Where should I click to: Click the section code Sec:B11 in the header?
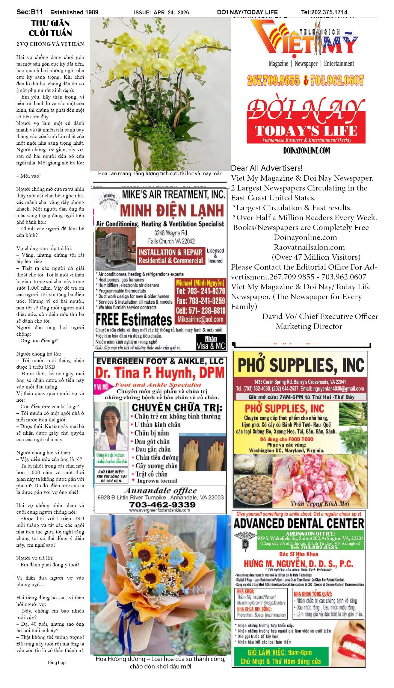pyautogui.click(x=29, y=12)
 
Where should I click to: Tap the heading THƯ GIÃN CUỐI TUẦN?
pyautogui.click(x=50, y=28)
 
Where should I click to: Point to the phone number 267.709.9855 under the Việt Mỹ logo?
pyautogui.click(x=273, y=80)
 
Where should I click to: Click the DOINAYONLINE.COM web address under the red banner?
pyautogui.click(x=306, y=150)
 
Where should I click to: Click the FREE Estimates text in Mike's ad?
pyautogui.click(x=134, y=320)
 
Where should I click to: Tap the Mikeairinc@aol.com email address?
pyautogui.click(x=200, y=319)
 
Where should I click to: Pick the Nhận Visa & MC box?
pyautogui.click(x=211, y=343)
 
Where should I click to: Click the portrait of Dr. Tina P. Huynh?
pyautogui.click(x=111, y=427)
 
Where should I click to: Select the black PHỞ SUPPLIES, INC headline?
pyautogui.click(x=301, y=365)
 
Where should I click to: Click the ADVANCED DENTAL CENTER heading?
pyautogui.click(x=299, y=523)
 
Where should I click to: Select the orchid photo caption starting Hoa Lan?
pyautogui.click(x=160, y=173)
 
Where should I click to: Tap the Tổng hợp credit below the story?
pyautogui.click(x=56, y=662)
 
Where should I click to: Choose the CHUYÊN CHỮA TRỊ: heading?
pyautogui.click(x=177, y=407)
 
